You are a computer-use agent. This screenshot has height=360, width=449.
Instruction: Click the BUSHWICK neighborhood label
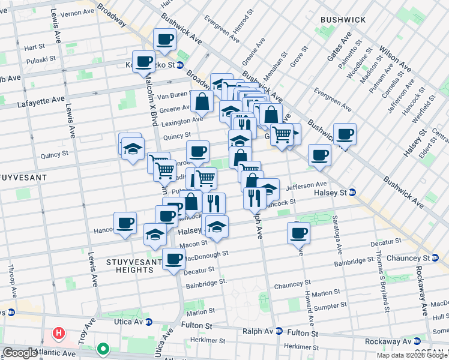[x=343, y=20]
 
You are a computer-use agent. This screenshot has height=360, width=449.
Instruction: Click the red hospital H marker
[x=58, y=332]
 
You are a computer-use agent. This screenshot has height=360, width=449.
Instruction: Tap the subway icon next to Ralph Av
[x=279, y=331]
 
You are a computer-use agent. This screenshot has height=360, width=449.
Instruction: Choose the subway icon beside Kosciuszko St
[x=179, y=65]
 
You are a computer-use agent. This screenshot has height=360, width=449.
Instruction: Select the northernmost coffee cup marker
[x=164, y=40]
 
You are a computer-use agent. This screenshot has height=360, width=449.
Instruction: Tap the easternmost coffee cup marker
[x=345, y=134]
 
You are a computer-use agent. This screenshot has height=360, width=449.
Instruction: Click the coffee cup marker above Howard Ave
[x=298, y=233]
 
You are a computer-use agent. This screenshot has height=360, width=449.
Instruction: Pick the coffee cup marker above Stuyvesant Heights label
[x=173, y=259]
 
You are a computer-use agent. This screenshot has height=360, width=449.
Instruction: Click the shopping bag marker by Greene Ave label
[x=202, y=101]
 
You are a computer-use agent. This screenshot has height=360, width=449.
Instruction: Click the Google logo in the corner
[x=20, y=353]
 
